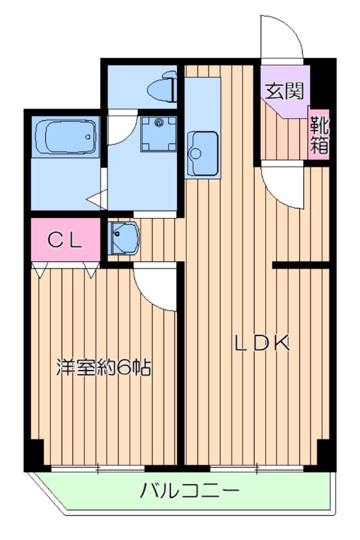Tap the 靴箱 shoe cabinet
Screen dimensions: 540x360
pos(319,134)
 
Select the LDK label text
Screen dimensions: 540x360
pos(262,344)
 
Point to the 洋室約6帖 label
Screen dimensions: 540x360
pos(103,368)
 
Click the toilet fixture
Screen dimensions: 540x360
pos(162,88)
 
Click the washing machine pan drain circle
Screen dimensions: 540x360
pos(159,124)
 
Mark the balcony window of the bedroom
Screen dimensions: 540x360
pos(98,467)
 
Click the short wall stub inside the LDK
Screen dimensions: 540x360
pos(300,265)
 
